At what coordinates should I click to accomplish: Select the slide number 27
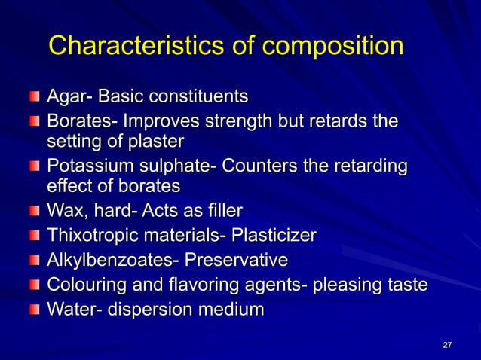pyautogui.click(x=447, y=345)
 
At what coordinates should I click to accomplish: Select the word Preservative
pyautogui.click(x=240, y=261)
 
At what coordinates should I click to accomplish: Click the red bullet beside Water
pyautogui.click(x=35, y=310)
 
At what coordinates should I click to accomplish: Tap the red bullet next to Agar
pyautogui.click(x=35, y=98)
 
